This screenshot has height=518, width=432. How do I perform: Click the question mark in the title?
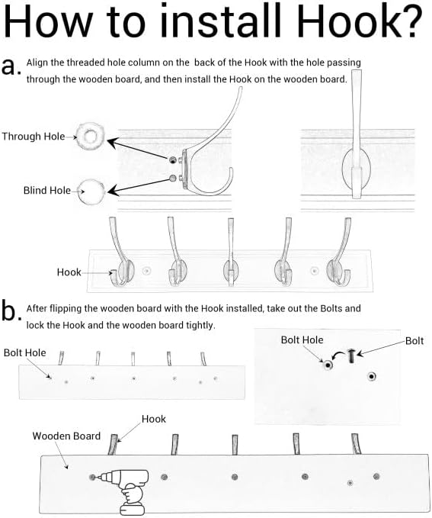[x=410, y=21]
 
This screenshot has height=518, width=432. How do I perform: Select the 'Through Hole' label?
[x=34, y=136]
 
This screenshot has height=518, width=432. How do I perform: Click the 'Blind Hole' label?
[x=47, y=190]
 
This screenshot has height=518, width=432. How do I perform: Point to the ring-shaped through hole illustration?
[x=85, y=136]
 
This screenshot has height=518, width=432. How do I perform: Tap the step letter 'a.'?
[x=11, y=66]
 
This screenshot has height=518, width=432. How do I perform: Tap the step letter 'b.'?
[x=11, y=310]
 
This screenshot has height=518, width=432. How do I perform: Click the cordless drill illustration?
[x=127, y=491]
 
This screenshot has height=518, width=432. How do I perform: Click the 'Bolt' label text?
[x=414, y=340]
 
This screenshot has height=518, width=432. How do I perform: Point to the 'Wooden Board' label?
[x=66, y=436]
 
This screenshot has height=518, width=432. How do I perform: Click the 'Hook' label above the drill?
[x=153, y=419]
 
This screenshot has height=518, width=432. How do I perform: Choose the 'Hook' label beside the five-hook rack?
[x=69, y=272]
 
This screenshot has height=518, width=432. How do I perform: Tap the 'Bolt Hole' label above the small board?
[x=24, y=352]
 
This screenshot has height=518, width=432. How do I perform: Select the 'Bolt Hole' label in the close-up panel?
[x=302, y=340]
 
